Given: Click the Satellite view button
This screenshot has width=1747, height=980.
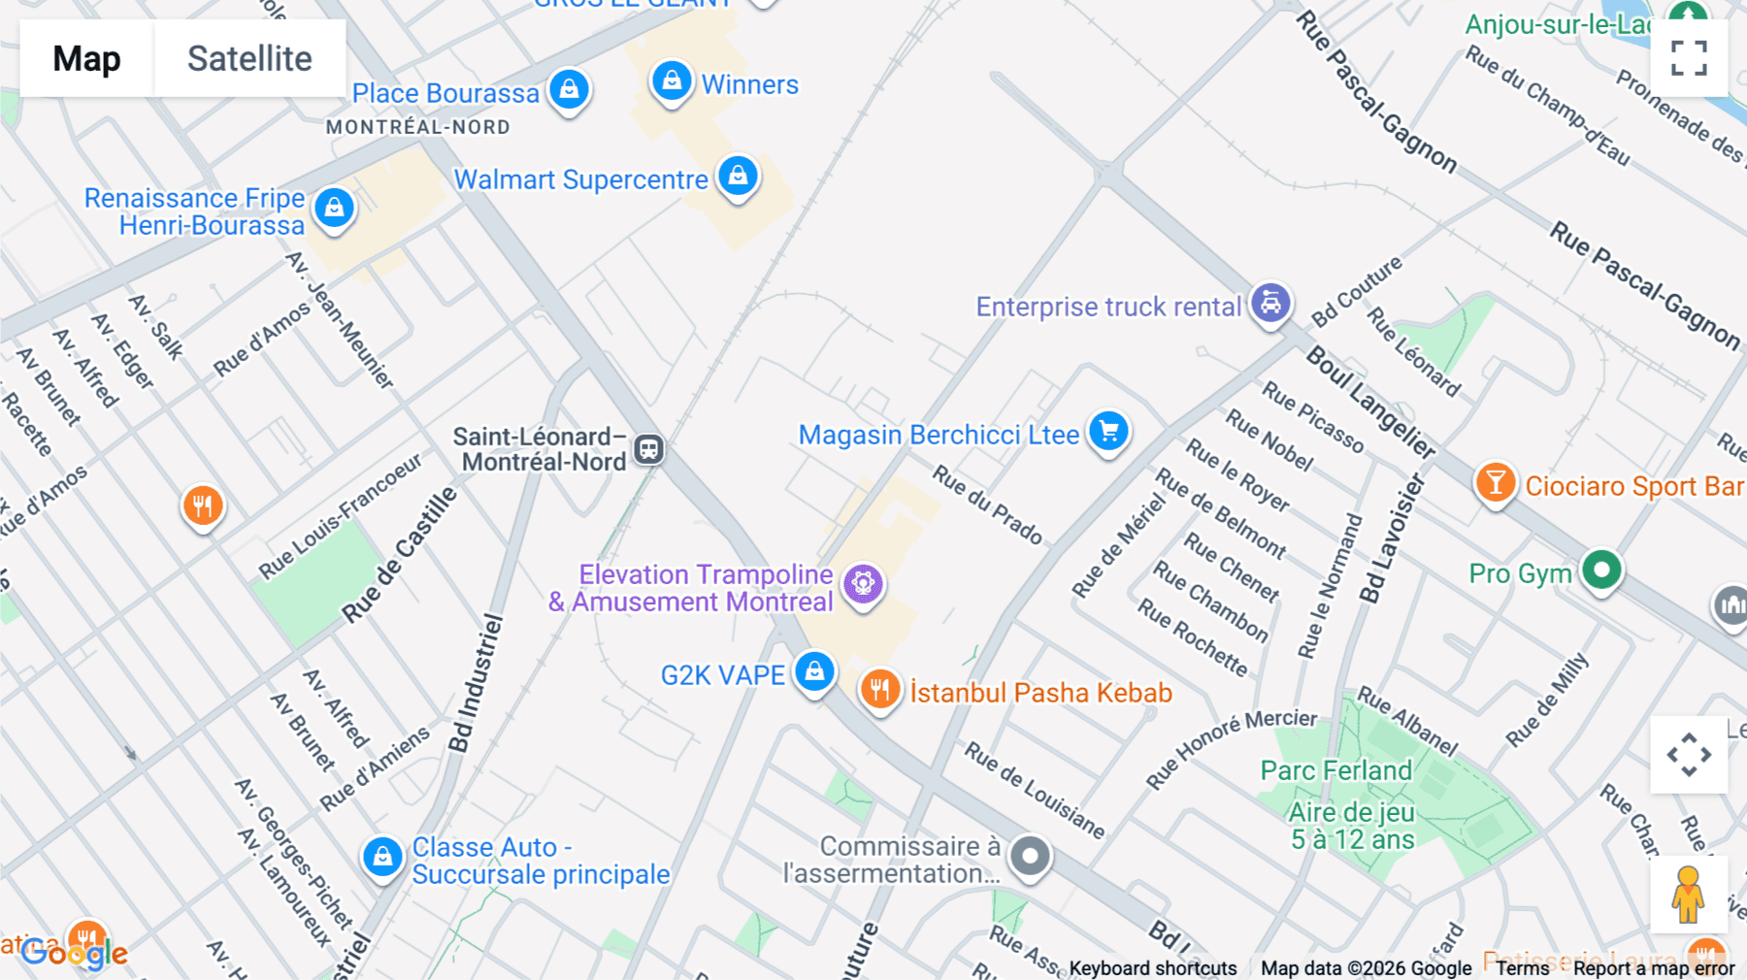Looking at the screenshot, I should click(249, 58).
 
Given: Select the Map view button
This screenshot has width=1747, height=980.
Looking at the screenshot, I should click(87, 58).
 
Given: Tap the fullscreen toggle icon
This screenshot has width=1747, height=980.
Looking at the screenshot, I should click(1689, 57).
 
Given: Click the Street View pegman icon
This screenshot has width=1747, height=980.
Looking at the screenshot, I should click(1688, 894).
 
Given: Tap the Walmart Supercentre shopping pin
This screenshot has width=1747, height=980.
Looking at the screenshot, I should click(738, 177).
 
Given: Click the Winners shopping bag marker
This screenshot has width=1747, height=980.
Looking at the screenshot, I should click(671, 82).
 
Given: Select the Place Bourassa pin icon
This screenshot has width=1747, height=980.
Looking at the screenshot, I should click(569, 90).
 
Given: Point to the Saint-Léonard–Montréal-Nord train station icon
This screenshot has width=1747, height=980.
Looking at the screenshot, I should click(648, 449).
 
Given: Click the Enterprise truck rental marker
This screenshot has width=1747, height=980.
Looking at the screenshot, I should click(1269, 304).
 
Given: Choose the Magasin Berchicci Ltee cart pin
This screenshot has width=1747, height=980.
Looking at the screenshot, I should click(1108, 431).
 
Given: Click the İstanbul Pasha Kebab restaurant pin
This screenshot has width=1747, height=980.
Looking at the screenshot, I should click(879, 691).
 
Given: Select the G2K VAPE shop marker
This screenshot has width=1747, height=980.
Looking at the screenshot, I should click(814, 671).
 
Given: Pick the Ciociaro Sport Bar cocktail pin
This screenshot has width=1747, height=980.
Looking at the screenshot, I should click(1495, 483).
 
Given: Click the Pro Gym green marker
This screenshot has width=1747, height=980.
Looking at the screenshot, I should click(1601, 570).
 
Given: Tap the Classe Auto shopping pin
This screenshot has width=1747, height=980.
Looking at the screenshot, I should click(382, 858).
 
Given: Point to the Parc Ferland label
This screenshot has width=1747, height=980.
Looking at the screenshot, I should click(1335, 770).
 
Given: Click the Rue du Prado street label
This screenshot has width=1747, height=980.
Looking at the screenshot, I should click(987, 505).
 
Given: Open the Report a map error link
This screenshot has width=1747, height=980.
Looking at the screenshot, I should click(1654, 968).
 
